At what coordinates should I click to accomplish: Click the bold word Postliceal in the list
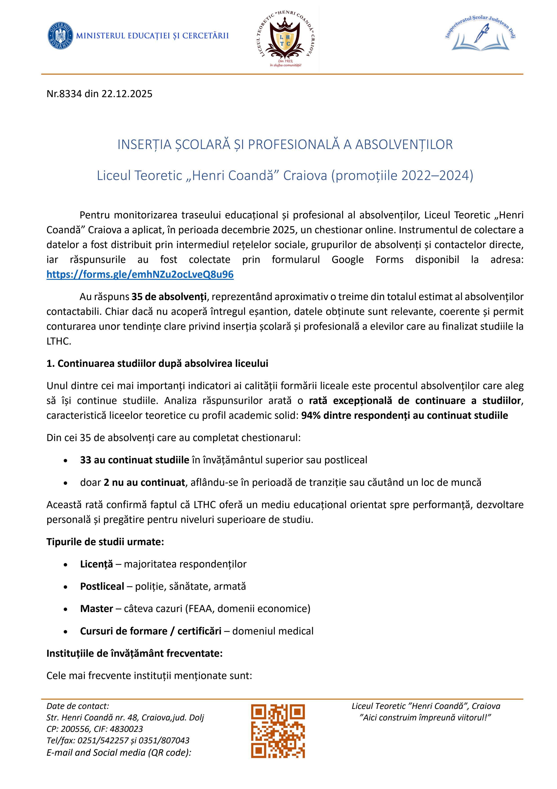tap(102, 586)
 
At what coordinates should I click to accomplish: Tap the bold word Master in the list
tap(96, 609)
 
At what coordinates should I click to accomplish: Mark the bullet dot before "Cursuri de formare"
tap(65, 632)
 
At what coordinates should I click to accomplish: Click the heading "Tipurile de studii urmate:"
tap(105, 542)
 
